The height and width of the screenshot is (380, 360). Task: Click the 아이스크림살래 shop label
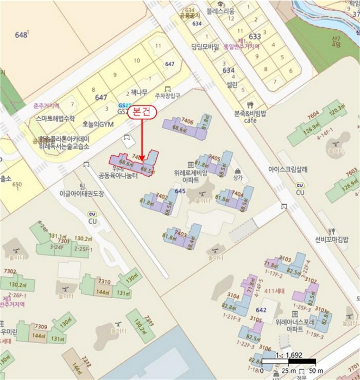tap(288, 169)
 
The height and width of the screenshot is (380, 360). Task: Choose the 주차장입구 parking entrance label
tap(167, 96)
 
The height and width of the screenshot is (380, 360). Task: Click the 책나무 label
tap(140, 93)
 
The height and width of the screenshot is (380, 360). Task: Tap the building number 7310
tap(104, 281)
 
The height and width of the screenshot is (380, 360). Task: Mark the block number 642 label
tap(262, 309)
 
